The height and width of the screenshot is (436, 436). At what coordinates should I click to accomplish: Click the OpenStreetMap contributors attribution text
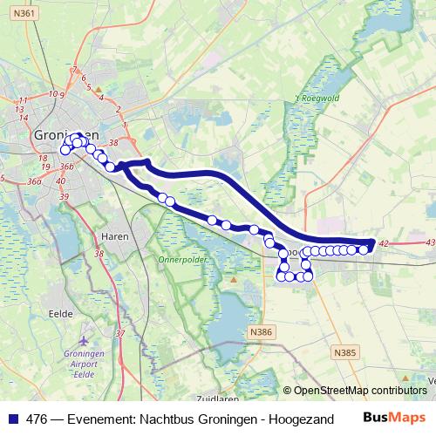click(360, 390)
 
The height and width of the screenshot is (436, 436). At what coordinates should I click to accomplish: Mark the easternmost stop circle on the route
click(364, 250)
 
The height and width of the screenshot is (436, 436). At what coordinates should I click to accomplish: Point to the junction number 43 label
click(428, 242)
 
